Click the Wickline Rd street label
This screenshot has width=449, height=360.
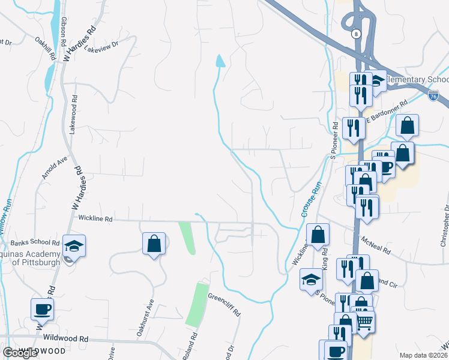click(95, 220)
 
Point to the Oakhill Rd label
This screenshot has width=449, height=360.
click(46, 49)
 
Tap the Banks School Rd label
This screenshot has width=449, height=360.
click(35, 243)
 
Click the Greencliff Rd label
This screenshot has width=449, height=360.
click(224, 304)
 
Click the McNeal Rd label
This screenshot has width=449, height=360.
click(376, 244)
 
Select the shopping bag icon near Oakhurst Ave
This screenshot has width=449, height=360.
click(154, 244)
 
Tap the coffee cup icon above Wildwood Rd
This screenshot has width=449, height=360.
click(42, 310)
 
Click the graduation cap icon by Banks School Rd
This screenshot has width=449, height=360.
click(74, 247)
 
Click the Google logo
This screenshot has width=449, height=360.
click(20, 353)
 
